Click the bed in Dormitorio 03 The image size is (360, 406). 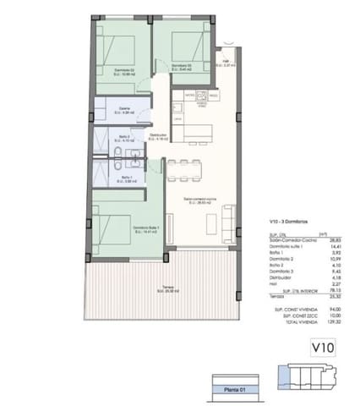click(x=181, y=41)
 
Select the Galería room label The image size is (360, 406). click(x=124, y=109)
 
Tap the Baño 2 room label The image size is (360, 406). click(x=125, y=137)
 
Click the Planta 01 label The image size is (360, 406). click(x=231, y=390)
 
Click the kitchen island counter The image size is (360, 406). click(x=193, y=133)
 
